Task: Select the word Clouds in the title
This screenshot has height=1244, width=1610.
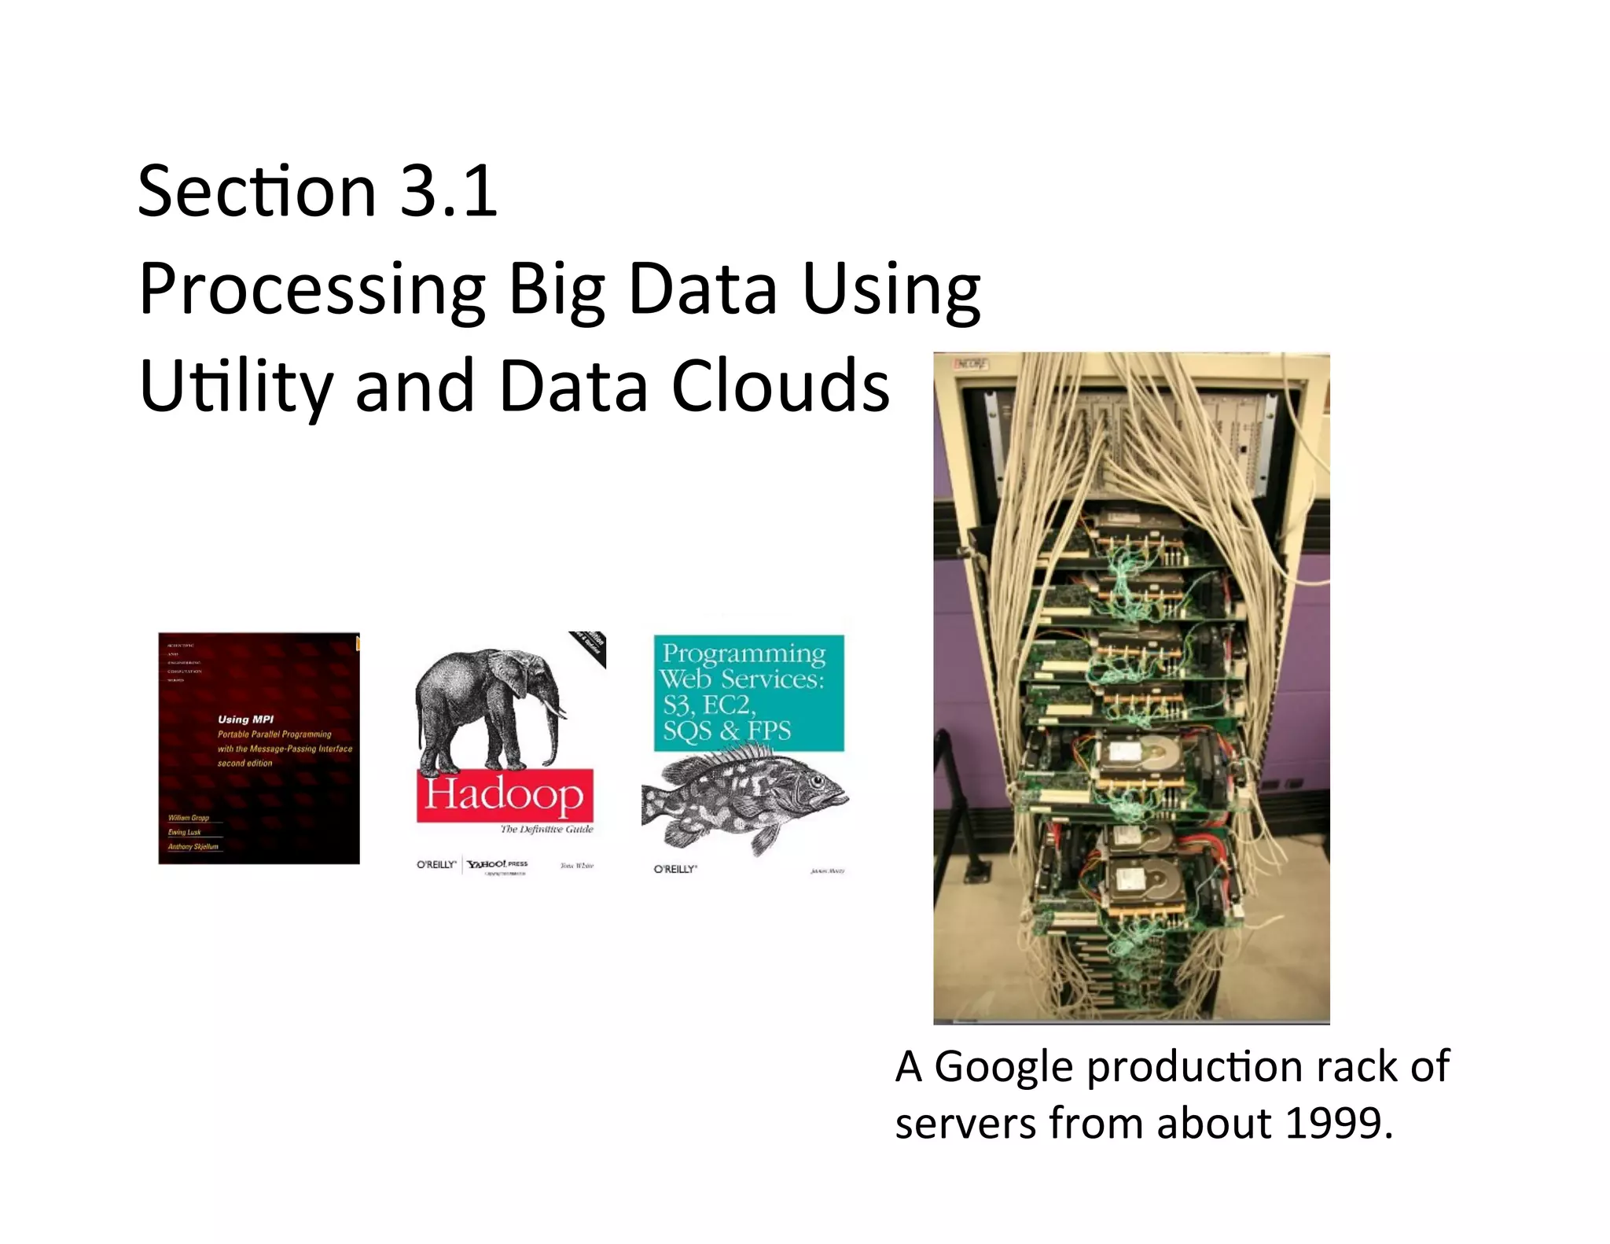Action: click(x=780, y=385)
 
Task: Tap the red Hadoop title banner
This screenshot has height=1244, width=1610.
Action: click(x=504, y=794)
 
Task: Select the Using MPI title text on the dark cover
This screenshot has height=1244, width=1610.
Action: click(x=245, y=719)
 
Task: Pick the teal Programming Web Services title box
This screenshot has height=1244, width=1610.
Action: click(x=748, y=692)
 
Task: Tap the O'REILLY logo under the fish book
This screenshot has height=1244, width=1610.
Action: click(x=675, y=869)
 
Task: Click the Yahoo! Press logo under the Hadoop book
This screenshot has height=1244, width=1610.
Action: click(x=497, y=864)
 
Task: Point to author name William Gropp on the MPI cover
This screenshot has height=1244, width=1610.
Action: click(x=189, y=818)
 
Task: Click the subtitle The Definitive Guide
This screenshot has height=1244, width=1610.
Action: click(x=546, y=829)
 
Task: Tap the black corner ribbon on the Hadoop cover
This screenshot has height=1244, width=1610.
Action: click(x=591, y=646)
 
